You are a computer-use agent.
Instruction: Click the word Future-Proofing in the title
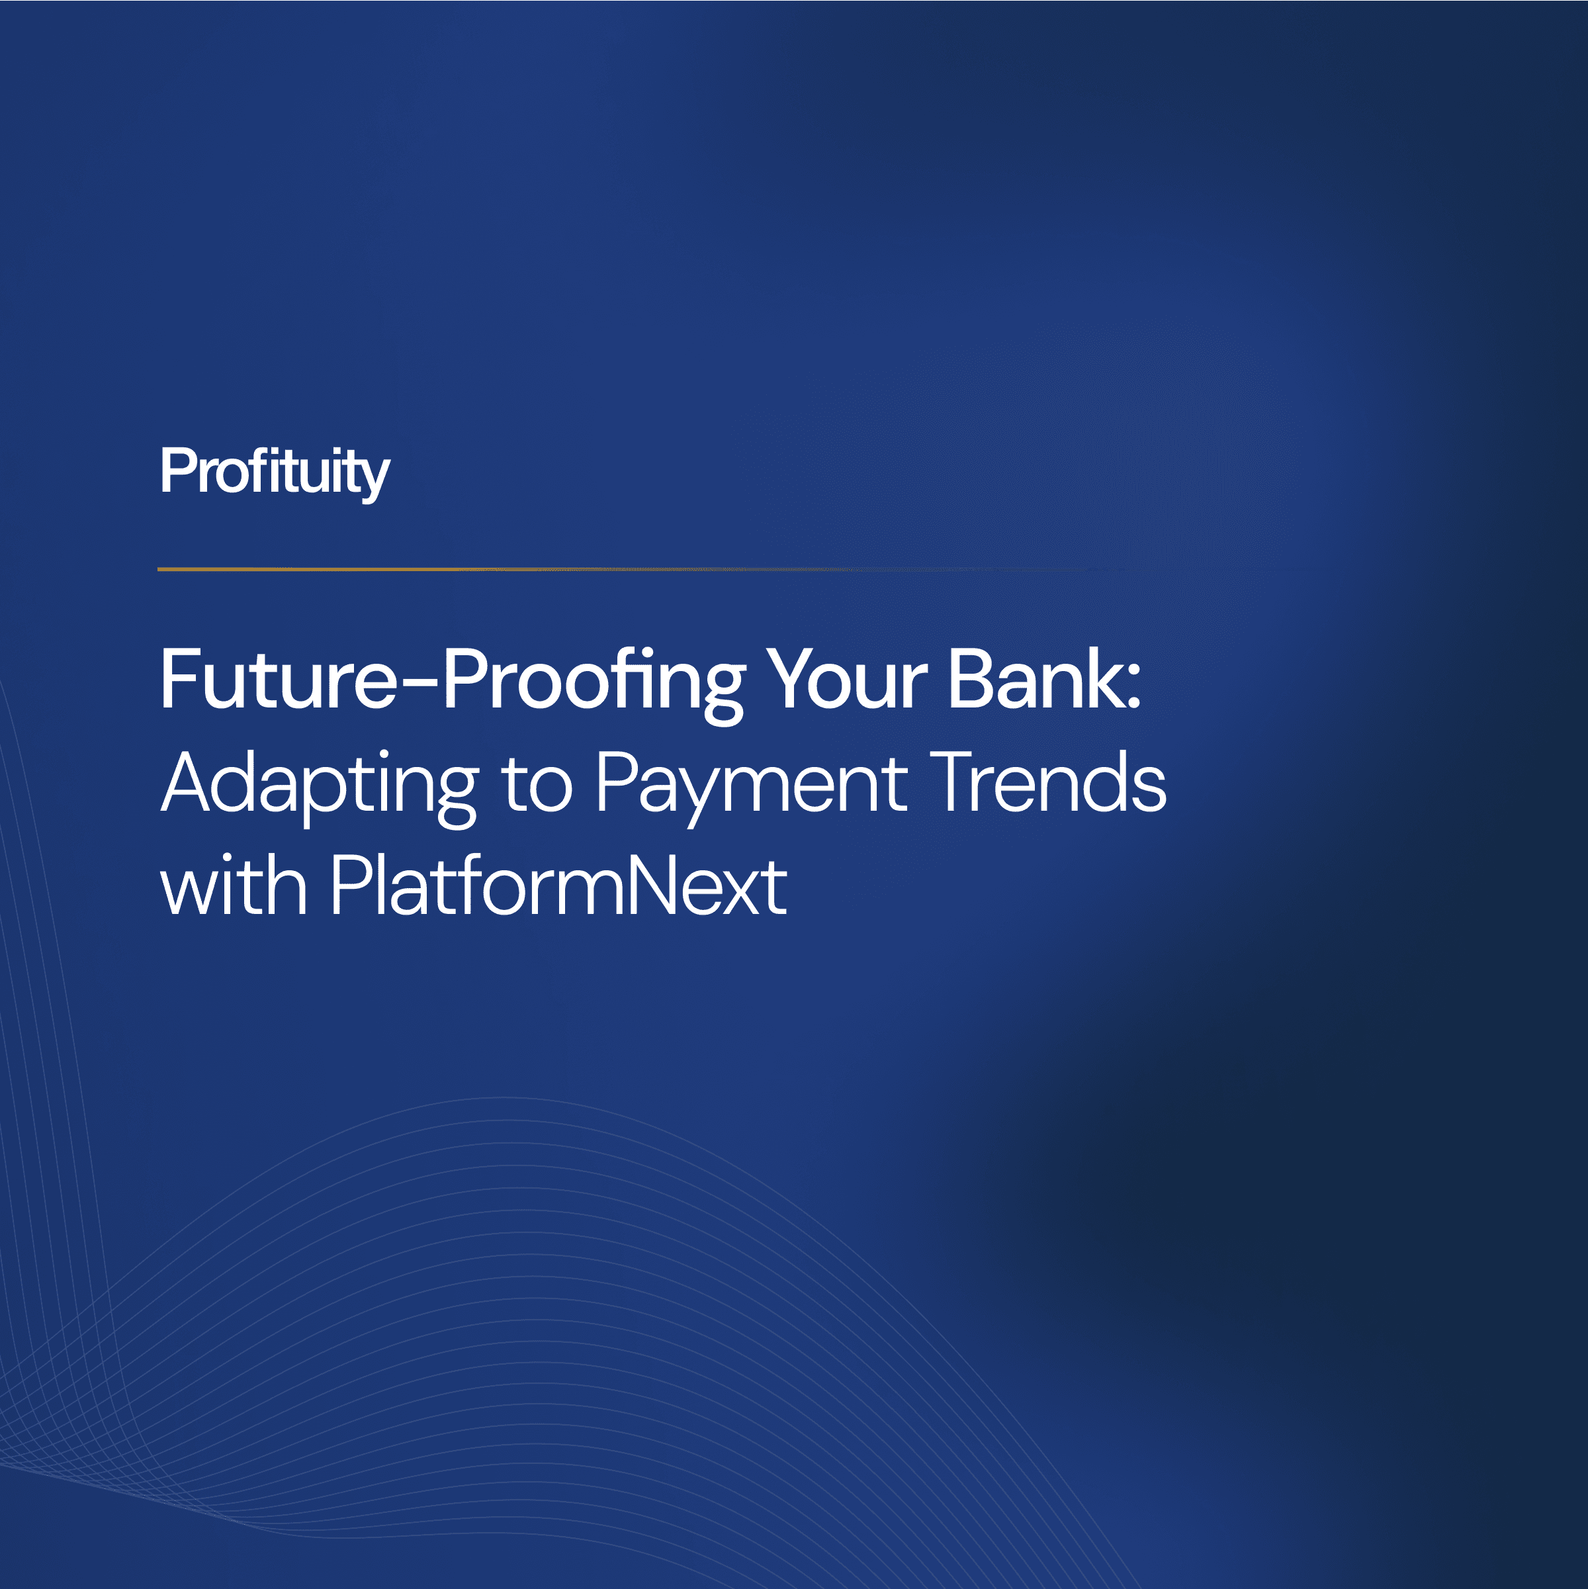click(x=453, y=680)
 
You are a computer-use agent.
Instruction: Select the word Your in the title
click(x=847, y=680)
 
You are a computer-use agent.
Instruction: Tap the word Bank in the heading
click(x=1032, y=680)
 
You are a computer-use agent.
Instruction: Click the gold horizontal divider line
click(x=576, y=569)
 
